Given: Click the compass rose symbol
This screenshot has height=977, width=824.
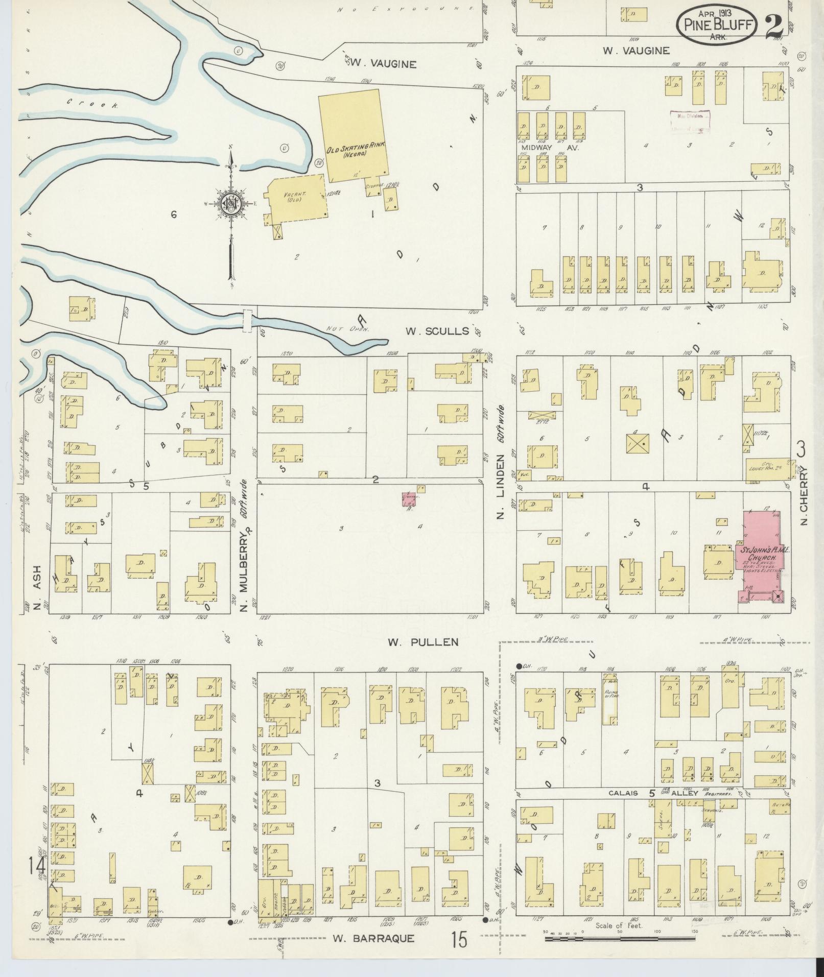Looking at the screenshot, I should [x=231, y=204].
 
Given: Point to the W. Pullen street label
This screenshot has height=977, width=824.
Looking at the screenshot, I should [x=423, y=642].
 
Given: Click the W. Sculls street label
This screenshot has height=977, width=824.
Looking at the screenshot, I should [x=437, y=331].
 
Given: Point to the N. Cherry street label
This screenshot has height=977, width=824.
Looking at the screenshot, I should [x=803, y=495].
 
